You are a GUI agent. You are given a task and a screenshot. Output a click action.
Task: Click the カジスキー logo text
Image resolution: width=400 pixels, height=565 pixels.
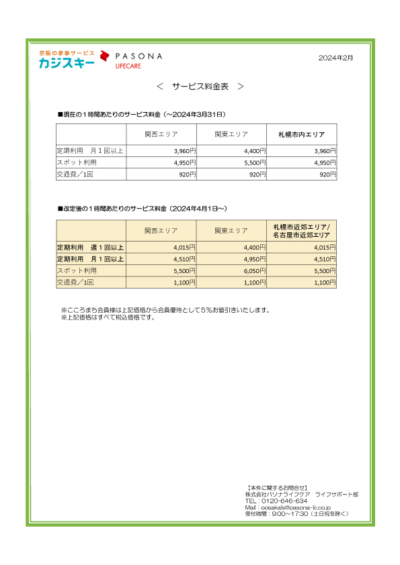[67, 63]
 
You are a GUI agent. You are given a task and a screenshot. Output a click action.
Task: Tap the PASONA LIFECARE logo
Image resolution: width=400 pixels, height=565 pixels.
[132, 59]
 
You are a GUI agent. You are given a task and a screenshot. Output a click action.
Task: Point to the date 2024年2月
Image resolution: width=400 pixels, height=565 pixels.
[335, 58]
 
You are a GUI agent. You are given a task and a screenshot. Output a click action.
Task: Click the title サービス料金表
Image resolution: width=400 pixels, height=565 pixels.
[200, 87]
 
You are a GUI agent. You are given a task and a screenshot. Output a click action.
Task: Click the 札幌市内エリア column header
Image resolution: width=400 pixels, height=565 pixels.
[302, 135]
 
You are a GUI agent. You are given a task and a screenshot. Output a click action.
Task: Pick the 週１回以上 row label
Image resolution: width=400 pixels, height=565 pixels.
[90, 248]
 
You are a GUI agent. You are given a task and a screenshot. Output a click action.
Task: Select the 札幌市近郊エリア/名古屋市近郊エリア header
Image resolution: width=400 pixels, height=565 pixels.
[302, 231]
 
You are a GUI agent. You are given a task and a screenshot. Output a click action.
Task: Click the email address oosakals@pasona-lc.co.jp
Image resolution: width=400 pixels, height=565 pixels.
[290, 508]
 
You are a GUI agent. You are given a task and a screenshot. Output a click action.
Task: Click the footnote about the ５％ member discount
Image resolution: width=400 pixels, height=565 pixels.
[165, 310]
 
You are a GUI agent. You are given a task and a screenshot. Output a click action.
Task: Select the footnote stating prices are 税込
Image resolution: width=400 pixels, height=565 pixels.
[108, 317]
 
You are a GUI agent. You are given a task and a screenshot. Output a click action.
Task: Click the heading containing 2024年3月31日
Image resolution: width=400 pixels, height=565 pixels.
[141, 115]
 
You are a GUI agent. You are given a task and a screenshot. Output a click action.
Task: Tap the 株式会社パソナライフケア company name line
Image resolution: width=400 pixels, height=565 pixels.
[302, 495]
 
